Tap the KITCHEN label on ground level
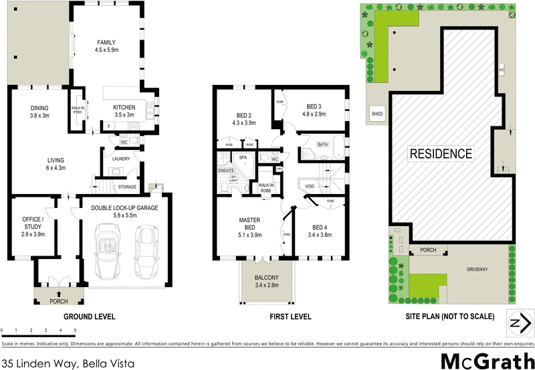coord(124,108)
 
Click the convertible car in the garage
coord(108,253)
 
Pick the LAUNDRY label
coord(121,159)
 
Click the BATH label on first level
coord(323,145)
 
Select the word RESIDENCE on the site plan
coord(441,153)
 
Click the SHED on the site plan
coord(377,114)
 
